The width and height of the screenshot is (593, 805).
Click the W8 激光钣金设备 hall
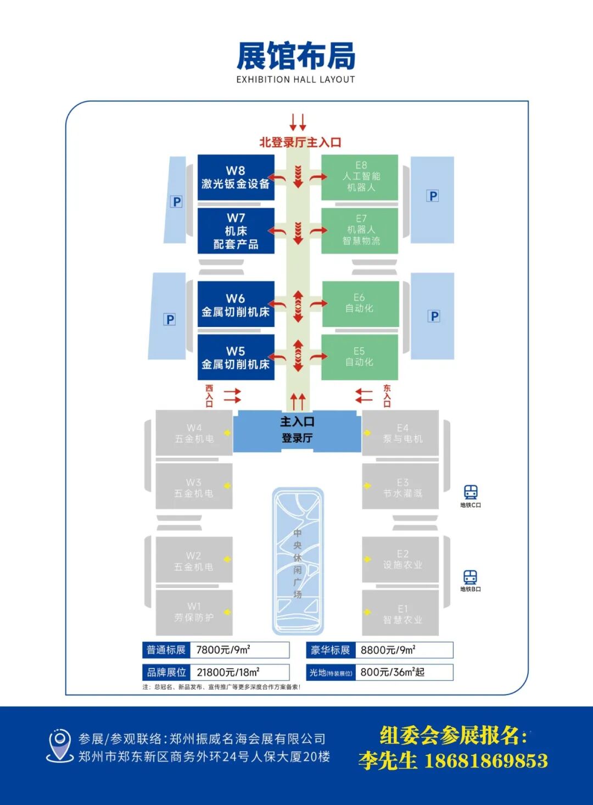point(236,177)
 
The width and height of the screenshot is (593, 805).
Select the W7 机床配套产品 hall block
point(236,231)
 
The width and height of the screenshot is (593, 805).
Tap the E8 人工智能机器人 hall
point(360,177)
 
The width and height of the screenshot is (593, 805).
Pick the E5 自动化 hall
point(360,357)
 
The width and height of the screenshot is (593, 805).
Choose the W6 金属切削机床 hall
point(236,304)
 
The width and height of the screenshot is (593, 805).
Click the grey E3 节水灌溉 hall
point(401,487)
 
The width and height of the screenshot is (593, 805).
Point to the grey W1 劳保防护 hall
point(194,612)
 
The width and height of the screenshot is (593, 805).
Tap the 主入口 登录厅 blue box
point(297,430)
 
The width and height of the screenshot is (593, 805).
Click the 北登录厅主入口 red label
point(300,142)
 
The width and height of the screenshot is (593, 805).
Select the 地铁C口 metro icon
point(471,492)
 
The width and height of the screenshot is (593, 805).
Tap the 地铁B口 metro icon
point(471,577)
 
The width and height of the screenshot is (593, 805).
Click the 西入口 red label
point(209,396)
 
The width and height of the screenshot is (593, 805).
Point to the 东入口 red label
point(387,396)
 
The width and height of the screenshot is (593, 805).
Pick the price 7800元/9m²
point(223,650)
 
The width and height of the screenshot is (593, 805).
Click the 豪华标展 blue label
point(331,650)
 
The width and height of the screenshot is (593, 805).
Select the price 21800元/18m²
point(228,672)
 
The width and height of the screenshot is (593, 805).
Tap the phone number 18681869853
point(486,760)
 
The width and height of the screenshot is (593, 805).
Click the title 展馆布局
point(296,56)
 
